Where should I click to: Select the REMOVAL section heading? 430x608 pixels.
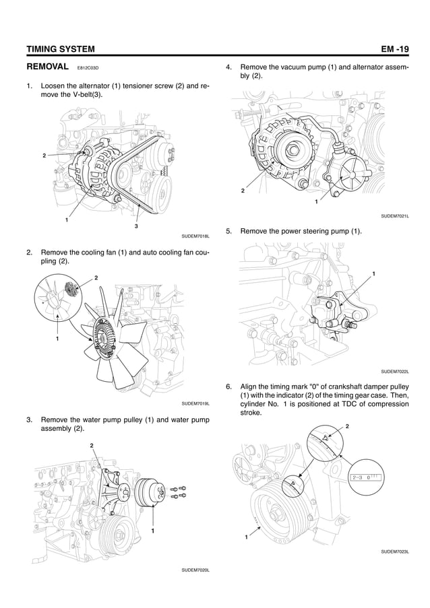coord(47,67)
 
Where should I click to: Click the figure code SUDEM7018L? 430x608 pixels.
coord(196,236)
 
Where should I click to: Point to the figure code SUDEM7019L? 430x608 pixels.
coord(196,403)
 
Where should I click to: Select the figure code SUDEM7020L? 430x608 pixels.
coord(196,570)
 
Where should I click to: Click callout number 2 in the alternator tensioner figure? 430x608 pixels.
coord(44,156)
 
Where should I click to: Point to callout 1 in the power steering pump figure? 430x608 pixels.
coord(373,273)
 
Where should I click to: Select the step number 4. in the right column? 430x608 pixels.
coord(229,67)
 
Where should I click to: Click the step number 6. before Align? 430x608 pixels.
coord(229,386)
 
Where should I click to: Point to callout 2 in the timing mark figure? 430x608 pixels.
coord(347,426)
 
